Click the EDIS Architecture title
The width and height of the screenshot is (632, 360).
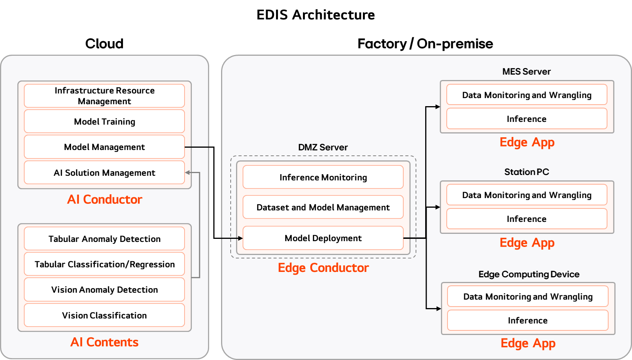coord(316,15)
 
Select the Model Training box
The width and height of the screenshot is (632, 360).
coord(105,122)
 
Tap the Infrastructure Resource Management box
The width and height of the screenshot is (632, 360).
coord(105,96)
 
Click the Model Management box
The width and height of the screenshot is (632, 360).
coord(105,147)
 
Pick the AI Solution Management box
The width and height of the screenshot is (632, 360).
coord(105,173)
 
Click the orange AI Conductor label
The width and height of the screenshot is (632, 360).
coord(105,199)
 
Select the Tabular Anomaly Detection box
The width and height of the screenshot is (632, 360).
coord(105,238)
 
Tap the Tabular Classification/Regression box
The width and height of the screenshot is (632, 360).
coord(105,264)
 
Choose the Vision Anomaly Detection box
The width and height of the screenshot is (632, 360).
coord(105,290)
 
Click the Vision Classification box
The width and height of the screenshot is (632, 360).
coord(105,315)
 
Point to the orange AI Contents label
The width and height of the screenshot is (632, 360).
coord(105,342)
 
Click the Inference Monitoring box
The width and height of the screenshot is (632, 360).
coord(323,177)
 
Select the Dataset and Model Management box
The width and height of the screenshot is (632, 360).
coord(323,207)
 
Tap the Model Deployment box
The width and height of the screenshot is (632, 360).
coord(323,238)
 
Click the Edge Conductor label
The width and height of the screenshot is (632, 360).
coord(323,268)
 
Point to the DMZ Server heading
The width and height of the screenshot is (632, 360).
coord(323,147)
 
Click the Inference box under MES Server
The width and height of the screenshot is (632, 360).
coord(527,119)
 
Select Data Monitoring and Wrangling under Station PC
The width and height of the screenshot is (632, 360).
coord(527,195)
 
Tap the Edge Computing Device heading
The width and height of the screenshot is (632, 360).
coord(529,274)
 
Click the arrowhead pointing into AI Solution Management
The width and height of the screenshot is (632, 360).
coord(187,173)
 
